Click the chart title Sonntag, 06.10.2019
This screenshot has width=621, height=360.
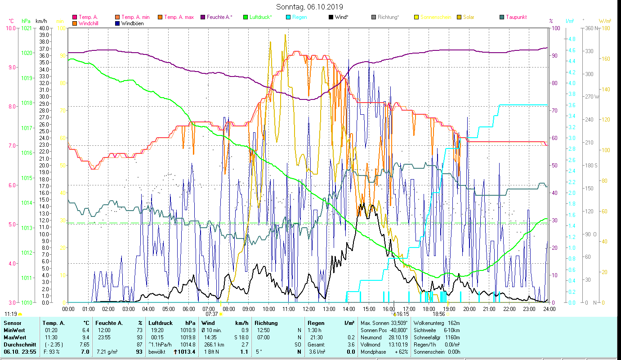coord(310,7)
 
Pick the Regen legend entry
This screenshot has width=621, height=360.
coord(299,18)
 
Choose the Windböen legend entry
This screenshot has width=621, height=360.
coord(133,23)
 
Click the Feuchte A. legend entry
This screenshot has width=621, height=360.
coord(219,18)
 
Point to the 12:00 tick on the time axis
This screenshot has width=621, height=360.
coord(309,309)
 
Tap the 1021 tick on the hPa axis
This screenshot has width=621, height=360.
coord(27,28)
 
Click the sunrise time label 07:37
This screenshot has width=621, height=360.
coord(211,314)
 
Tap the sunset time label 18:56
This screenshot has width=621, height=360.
coord(438,314)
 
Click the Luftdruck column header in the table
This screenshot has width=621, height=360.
coord(160,323)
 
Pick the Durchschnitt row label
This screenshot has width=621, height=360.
coord(18,344)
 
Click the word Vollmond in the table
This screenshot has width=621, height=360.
coord(371,344)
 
